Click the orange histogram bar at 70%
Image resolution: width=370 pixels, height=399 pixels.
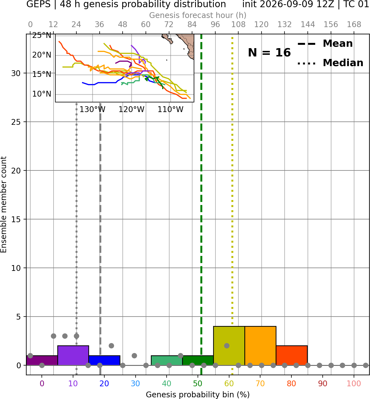coord(260,346)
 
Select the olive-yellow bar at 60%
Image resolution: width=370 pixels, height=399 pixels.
coord(229,346)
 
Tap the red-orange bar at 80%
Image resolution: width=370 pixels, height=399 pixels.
coord(292,355)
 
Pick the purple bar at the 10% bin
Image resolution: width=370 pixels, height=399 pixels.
coord(73,355)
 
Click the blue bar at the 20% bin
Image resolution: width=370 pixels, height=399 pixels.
coord(104,360)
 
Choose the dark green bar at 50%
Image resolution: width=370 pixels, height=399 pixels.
coord(198,360)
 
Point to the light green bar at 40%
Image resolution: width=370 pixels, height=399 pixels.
coord(167,360)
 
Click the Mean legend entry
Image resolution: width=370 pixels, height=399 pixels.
coord(325,44)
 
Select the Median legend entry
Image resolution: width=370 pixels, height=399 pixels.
coord(330,63)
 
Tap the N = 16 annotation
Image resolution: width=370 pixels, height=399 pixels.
coord(269,53)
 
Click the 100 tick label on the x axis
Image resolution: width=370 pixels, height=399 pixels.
coord(354,384)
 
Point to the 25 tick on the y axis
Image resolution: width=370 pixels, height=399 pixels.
coord(16,122)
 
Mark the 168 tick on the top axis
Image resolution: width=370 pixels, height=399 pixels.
coord(354,25)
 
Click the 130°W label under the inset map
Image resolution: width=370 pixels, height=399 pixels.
coord(92,110)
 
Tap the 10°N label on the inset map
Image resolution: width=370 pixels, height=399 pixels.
coord(42,94)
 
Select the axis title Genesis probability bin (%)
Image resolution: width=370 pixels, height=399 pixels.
coord(198,395)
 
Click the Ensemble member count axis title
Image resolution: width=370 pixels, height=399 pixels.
coord(4,204)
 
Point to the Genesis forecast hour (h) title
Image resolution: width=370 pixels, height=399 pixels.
coord(198,15)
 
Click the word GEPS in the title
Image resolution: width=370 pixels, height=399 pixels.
coord(38,4)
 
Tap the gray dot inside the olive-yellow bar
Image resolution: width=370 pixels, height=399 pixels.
coord(227,346)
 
